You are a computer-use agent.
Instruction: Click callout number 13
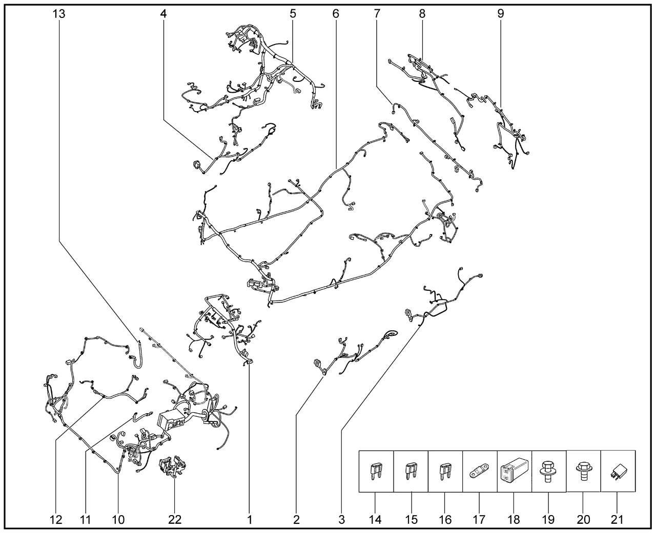[59, 14]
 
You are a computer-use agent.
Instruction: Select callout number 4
[163, 14]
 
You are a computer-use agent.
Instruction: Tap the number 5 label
[293, 14]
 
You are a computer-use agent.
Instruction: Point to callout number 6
[336, 14]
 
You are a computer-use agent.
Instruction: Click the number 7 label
[377, 14]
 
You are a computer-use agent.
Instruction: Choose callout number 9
[501, 14]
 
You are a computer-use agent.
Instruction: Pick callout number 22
[175, 520]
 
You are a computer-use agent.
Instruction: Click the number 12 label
[56, 520]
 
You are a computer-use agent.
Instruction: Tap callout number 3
[341, 520]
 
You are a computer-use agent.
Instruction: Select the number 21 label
[617, 520]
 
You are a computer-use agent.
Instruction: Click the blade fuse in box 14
[375, 473]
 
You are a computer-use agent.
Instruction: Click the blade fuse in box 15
[410, 473]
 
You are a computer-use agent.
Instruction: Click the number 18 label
[514, 520]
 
